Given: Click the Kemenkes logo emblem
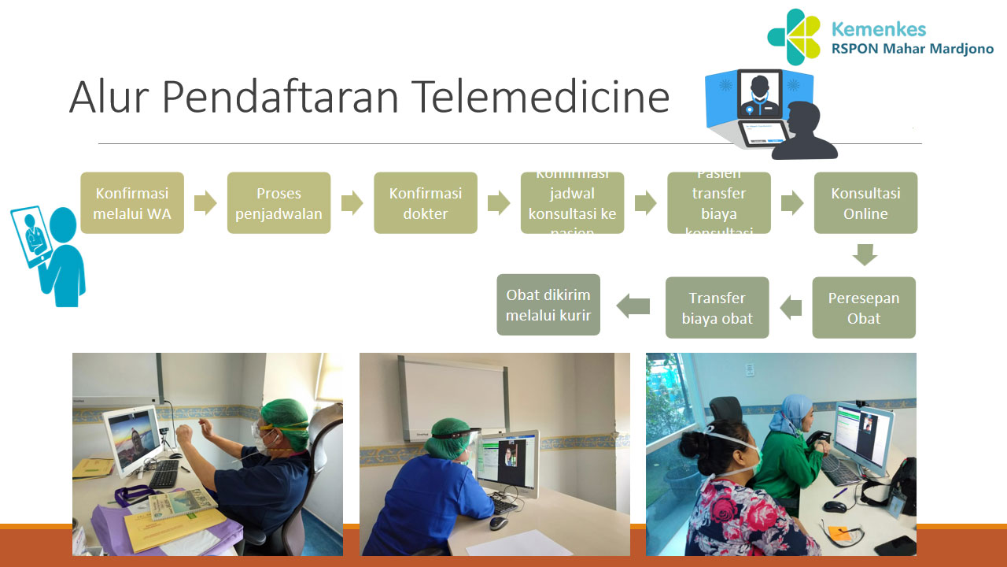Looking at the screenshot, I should tap(795, 37).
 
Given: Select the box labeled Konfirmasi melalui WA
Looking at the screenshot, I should tap(132, 203).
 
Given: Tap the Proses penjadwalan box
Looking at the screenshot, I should tap(278, 203).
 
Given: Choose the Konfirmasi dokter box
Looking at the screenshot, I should tap(425, 203).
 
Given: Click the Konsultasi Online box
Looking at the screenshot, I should tap(865, 203).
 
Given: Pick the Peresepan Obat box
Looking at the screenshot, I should tap(863, 308).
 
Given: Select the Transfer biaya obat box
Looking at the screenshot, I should tap(717, 308).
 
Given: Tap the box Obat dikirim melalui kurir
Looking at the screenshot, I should tap(548, 305).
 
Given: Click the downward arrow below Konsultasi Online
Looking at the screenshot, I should tap(865, 255).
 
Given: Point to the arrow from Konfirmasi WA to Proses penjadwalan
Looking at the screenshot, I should tap(205, 203).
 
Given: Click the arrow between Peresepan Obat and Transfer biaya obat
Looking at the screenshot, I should tap(791, 307).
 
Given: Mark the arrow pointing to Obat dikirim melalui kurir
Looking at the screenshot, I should tap(633, 306).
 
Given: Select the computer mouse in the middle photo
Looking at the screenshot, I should tap(498, 523).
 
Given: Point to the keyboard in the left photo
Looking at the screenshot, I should tap(164, 474).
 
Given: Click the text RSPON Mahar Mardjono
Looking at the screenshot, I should tap(913, 49).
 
